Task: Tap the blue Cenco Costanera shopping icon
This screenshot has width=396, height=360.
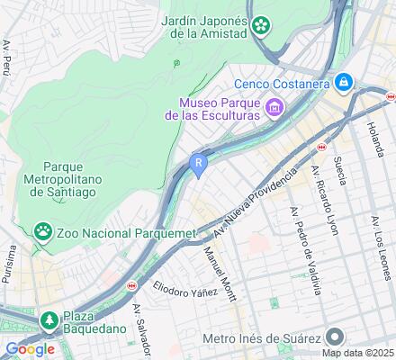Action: (x=343, y=83)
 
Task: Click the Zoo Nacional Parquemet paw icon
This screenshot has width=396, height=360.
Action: (x=42, y=233)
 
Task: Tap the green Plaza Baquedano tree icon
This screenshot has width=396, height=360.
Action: (x=49, y=319)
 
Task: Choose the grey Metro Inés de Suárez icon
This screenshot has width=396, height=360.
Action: (x=334, y=337)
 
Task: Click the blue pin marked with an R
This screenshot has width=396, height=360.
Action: (x=199, y=164)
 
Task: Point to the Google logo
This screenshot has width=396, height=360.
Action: (x=29, y=349)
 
